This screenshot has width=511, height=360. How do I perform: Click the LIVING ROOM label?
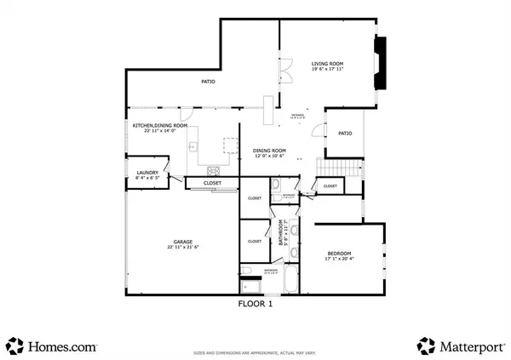tap(327, 63)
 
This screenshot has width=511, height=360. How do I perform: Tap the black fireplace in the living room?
tap(381, 64)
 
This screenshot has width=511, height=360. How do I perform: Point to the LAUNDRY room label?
tap(147, 174)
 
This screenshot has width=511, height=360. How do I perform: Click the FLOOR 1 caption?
tap(255, 303)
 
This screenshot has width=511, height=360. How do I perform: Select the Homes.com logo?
tap(53, 346)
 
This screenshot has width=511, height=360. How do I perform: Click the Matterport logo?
tap(458, 346)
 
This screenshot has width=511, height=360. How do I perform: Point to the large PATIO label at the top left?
tap(208, 82)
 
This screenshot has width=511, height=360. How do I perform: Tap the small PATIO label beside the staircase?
tap(345, 133)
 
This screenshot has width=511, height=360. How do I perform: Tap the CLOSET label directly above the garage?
tap(213, 183)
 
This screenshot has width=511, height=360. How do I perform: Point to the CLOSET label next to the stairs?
tap(330, 186)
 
